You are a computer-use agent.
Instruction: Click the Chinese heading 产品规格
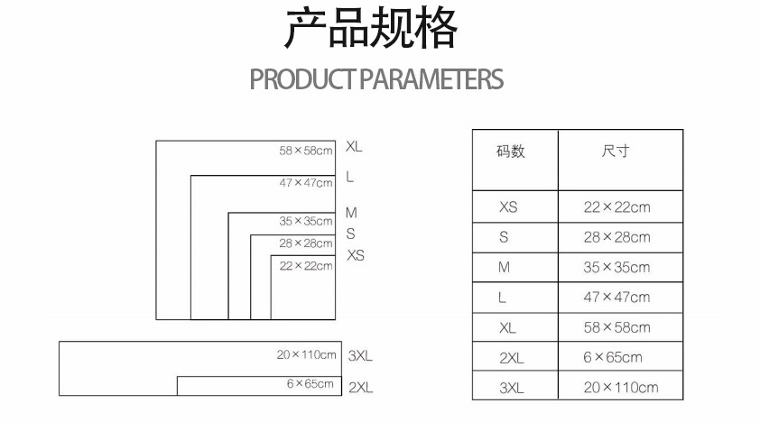tap(371, 31)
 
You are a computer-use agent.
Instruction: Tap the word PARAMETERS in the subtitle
tap(431, 79)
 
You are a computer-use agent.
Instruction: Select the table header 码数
tap(511, 151)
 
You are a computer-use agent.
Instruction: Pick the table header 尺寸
tap(616, 151)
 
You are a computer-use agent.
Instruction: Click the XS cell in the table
tap(508, 207)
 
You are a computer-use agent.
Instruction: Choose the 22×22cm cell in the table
tap(616, 207)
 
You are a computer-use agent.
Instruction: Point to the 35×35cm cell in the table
tap(616, 267)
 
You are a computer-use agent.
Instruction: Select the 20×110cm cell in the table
tap(621, 388)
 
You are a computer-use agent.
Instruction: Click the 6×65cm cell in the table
tap(613, 357)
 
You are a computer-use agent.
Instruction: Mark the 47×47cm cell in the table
tap(616, 297)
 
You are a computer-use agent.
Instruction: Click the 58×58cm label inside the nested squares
tap(306, 151)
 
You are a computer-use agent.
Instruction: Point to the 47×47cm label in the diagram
tap(306, 183)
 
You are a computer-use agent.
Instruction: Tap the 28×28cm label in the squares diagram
tap(306, 243)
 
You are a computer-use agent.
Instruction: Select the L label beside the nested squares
tap(349, 178)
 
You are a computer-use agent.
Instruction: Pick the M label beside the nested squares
tap(351, 214)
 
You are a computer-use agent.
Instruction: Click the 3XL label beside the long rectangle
tap(360, 356)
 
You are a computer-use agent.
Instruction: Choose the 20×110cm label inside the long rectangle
tap(306, 355)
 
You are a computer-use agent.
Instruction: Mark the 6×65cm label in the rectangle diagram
tap(310, 384)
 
